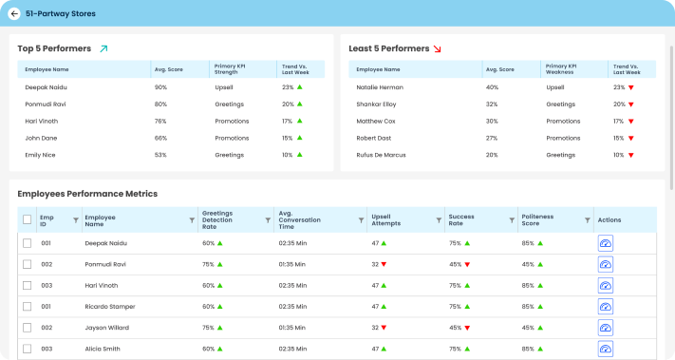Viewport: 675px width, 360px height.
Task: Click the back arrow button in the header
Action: coord(14,13)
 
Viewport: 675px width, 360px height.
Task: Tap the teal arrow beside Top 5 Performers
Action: coord(104,48)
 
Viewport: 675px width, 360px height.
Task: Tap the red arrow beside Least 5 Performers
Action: coord(437,48)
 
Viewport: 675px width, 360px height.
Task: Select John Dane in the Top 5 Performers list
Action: coord(41,138)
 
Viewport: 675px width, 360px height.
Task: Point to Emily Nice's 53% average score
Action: coord(160,154)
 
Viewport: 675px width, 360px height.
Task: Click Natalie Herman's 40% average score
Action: coord(492,87)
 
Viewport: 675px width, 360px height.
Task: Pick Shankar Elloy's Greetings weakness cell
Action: coord(561,104)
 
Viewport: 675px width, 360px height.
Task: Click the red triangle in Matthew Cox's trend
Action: coord(631,121)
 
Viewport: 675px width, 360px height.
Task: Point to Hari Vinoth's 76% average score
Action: coord(160,121)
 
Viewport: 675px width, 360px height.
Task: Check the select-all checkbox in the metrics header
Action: coord(27,220)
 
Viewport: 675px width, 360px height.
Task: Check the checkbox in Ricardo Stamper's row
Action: coord(27,307)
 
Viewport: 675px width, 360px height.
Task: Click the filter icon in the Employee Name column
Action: coord(190,220)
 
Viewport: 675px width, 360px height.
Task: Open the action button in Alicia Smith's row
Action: coord(606,349)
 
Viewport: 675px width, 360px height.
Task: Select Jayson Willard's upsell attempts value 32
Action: coord(374,328)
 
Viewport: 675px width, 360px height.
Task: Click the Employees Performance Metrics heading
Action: coord(87,194)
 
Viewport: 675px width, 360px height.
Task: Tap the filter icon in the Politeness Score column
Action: coord(585,220)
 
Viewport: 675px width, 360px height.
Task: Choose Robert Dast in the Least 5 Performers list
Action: coord(373,138)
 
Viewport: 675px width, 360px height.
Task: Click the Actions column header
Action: coord(609,220)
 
